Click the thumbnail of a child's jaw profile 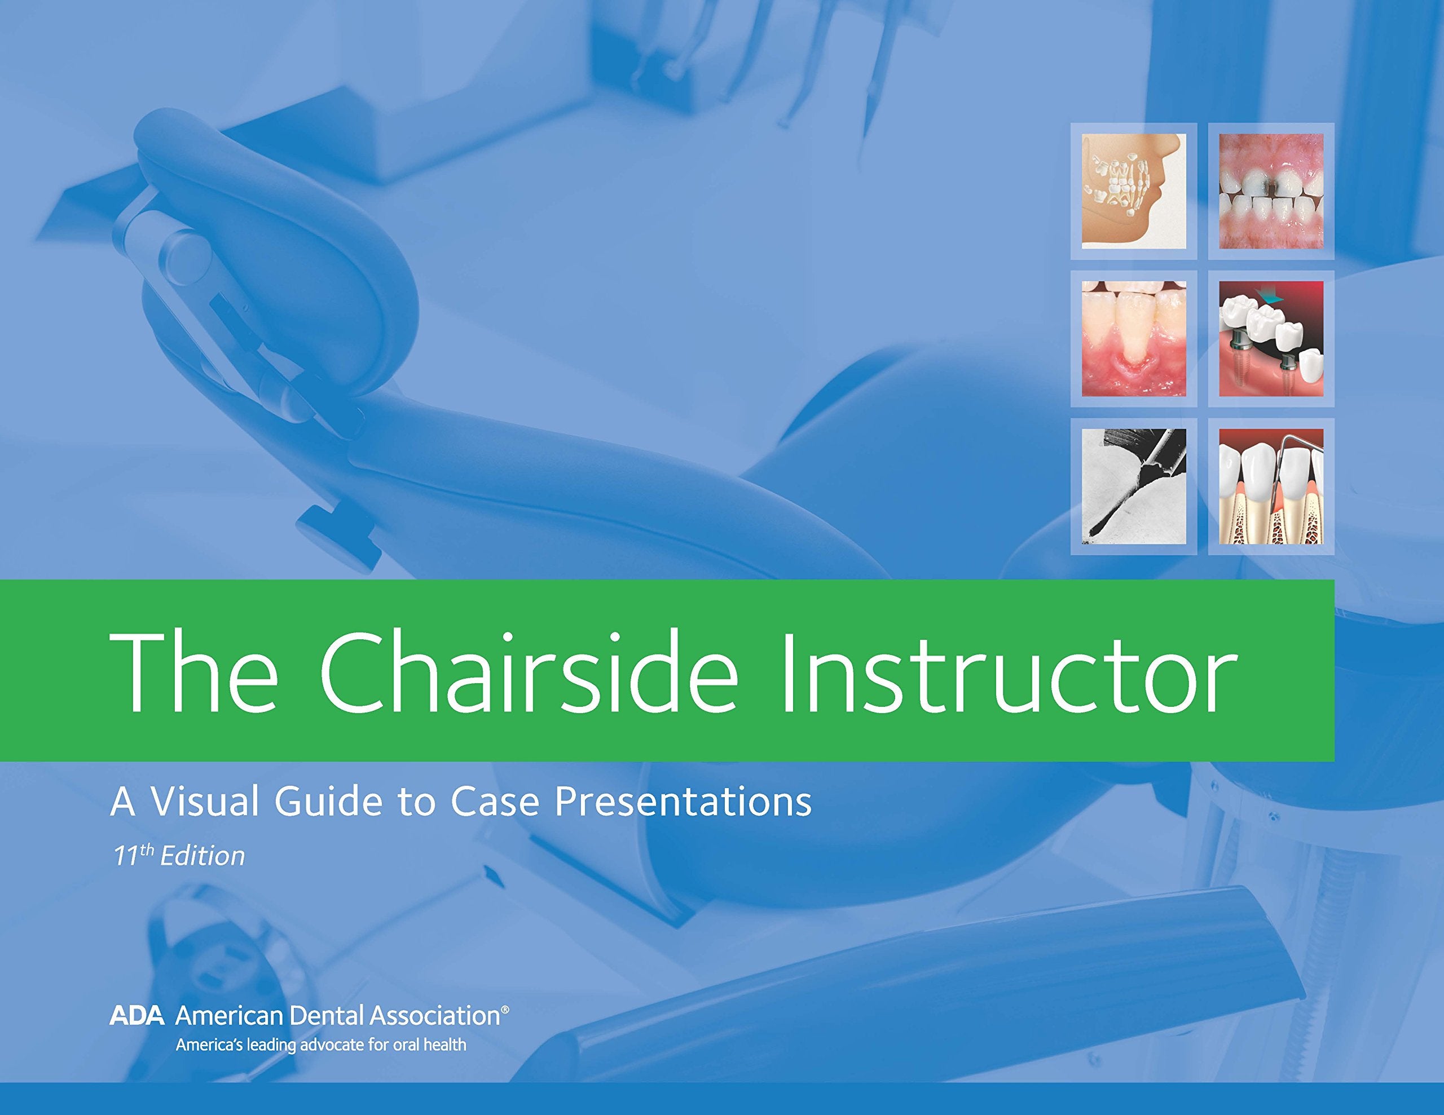click(x=1133, y=191)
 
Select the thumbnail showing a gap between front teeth click(x=1271, y=191)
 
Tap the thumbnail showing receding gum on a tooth click(x=1133, y=338)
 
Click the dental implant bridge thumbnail click(x=1271, y=338)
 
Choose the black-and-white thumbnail click(x=1133, y=486)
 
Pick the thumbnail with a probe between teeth click(x=1271, y=486)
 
